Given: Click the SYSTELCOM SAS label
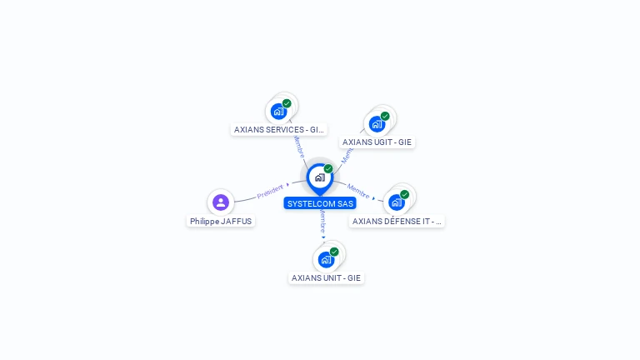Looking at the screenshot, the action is pos(320,203).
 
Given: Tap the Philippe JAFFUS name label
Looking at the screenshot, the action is pos(221,222).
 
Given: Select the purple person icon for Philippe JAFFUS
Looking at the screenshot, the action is pos(221,202).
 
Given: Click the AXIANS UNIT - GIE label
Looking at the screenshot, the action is pos(326,277).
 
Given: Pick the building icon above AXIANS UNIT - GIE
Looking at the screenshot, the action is pos(326,259).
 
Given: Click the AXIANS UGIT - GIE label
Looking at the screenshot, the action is pos(377,142).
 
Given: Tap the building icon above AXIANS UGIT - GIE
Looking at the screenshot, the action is pos(377,124).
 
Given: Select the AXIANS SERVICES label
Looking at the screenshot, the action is pos(278,129).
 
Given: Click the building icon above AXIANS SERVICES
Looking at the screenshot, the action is pos(278,111).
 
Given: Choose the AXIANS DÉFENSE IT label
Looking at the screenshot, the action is pos(397,222).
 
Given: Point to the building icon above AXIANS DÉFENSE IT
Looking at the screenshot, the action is pos(397,202).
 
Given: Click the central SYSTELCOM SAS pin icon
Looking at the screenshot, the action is pos(319,177).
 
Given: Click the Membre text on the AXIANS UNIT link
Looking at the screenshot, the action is pos(322,221).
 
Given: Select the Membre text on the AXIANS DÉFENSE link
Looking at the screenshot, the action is pos(358,191).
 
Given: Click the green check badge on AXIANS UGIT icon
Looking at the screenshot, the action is pos(385,116).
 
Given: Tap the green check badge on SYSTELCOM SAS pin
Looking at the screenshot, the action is pos(328,168).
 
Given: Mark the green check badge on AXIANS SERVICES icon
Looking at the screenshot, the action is pos(287,103).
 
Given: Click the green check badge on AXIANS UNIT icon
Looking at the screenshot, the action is pos(334,252).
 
